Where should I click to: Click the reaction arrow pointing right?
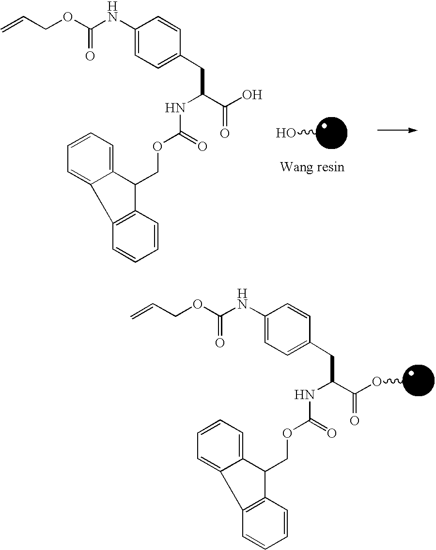397,130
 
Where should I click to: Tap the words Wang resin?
312,168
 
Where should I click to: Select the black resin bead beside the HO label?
332,133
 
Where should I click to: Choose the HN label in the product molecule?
305,395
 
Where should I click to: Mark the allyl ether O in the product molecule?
197,304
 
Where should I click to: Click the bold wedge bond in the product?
332,371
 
